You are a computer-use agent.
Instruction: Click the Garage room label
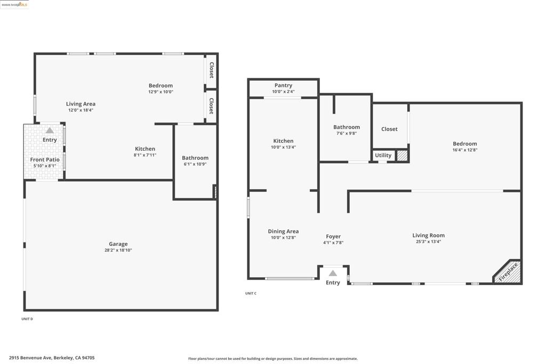[x=118, y=244]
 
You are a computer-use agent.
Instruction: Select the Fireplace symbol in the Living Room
[x=508, y=272]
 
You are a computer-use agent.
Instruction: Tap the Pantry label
[x=283, y=85]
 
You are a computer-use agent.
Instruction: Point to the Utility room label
[x=383, y=156]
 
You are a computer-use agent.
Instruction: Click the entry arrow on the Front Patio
[x=50, y=130]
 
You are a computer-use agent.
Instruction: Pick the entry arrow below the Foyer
[x=333, y=273]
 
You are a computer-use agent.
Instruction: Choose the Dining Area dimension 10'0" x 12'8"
[x=283, y=238]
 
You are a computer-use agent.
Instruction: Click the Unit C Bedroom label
[x=464, y=143]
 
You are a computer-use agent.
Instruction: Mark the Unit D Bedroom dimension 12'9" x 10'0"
[x=160, y=92]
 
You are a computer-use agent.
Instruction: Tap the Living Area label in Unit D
[x=81, y=104]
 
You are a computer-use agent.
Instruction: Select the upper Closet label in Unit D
[x=211, y=70]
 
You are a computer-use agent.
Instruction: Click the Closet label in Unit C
[x=389, y=129]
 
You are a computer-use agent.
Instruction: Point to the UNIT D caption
[x=27, y=319]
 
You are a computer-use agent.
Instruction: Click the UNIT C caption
[x=251, y=294]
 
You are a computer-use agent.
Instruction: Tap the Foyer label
[x=333, y=237]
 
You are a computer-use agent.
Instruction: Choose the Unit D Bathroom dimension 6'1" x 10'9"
[x=195, y=164]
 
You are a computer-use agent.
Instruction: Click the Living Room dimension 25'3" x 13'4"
[x=428, y=241]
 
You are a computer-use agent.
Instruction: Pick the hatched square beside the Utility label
[x=403, y=156]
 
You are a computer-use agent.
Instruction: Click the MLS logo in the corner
[x=14, y=4]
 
